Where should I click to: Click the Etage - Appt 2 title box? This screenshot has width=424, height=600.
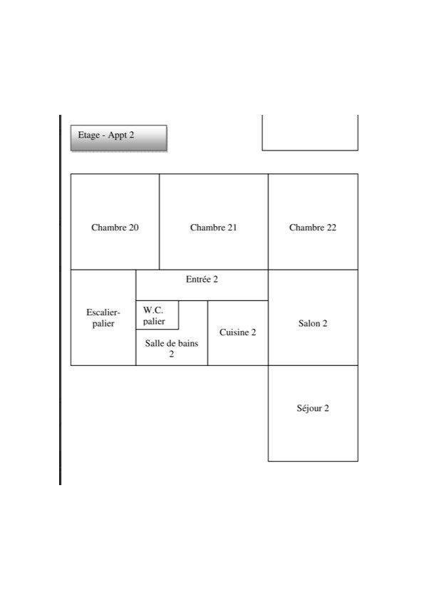119,138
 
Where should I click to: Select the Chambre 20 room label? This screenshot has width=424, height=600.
115,228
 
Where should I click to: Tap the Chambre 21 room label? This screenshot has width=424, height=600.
213,228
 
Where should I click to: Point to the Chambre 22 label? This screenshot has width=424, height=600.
313,228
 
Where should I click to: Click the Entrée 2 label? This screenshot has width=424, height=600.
202,280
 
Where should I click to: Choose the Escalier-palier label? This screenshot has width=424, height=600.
103,318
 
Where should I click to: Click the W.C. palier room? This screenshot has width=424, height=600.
157,315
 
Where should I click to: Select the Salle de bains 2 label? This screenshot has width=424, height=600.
172,348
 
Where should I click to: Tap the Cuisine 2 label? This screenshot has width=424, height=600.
238,332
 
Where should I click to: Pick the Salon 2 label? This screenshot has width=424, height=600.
313,323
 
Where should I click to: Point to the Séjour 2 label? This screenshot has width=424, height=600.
313,408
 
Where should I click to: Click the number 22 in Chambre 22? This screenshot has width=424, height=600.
331,228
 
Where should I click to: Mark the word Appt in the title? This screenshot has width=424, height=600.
116,135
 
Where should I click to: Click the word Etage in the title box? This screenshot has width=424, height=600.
88,135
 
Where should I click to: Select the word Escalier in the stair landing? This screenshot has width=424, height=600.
103,312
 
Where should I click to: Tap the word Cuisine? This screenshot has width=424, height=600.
234,332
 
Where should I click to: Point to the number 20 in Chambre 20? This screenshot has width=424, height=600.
133,228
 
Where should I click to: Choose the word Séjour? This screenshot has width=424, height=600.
309,408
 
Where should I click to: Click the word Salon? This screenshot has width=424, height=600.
309,323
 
